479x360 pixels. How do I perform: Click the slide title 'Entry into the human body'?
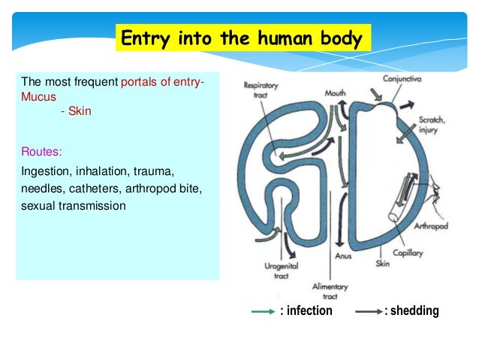pos(242,38)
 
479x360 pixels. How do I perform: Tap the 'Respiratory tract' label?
pos(261,90)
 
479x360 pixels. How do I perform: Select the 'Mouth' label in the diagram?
pos(335,94)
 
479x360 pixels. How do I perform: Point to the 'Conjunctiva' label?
pos(401,78)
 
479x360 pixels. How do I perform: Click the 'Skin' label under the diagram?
pos(382,264)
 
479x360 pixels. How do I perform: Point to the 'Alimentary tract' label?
pos(330,292)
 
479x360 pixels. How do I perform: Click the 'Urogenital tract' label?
pos(281,271)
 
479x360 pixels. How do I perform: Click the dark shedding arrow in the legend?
pos(367,311)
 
